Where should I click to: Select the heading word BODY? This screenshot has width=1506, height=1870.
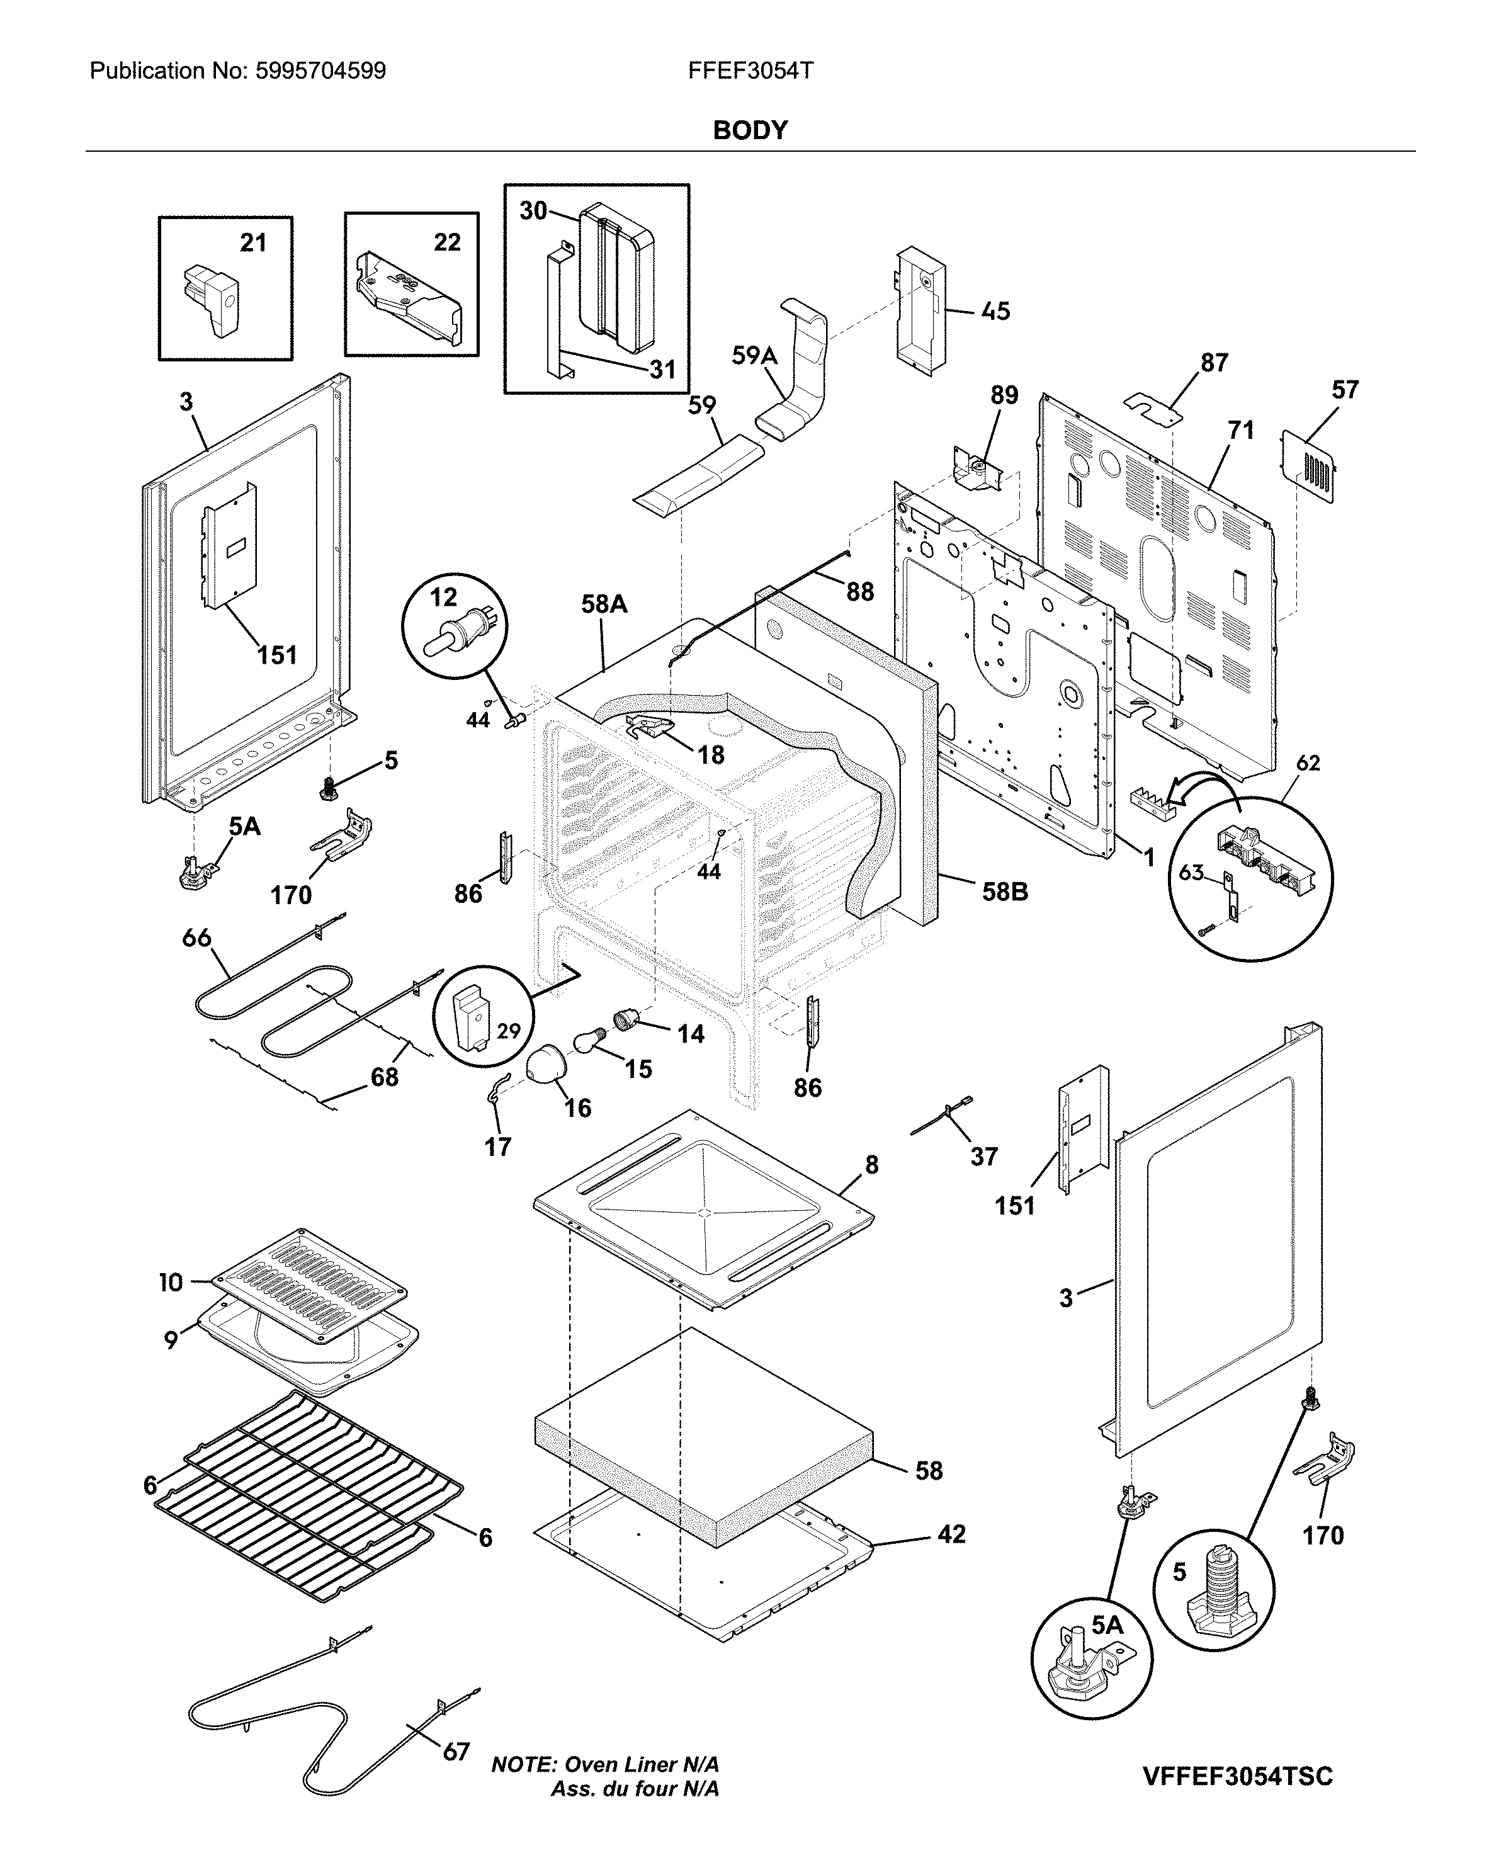750,130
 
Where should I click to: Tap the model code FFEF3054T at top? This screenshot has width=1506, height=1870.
750,71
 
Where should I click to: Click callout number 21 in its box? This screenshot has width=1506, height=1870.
252,243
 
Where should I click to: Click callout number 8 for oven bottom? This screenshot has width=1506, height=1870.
872,1165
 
